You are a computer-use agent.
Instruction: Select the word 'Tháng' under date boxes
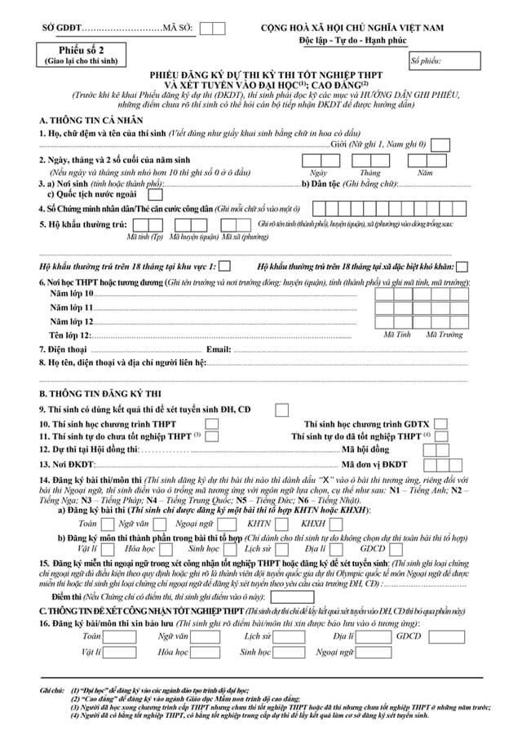(369, 173)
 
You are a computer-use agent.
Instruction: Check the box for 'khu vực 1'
(224, 266)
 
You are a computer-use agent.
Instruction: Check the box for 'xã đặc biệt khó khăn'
(462, 266)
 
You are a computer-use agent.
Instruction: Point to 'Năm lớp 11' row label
(72, 308)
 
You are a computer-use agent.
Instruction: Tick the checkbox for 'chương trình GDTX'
(440, 424)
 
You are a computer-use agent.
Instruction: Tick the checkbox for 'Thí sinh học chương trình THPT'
(211, 424)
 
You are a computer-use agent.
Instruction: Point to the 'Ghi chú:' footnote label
(52, 690)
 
